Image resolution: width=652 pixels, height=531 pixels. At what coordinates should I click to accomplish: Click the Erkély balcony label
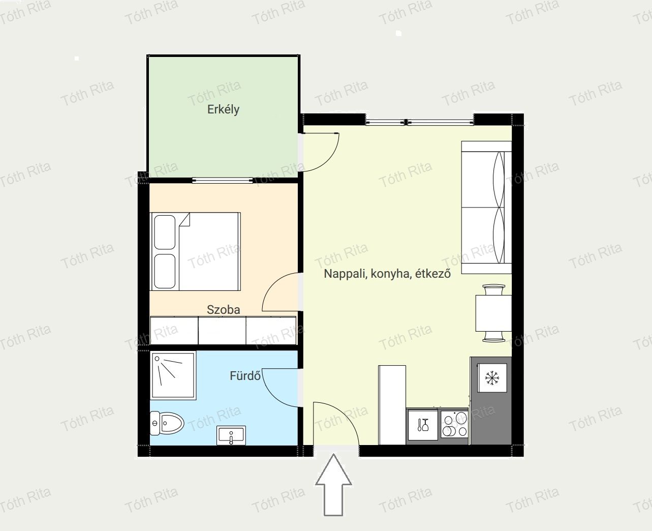[x=223, y=110]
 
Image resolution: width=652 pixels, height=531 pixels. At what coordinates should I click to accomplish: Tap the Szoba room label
[x=223, y=309]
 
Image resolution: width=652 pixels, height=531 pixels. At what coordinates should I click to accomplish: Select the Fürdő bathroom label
[x=245, y=376]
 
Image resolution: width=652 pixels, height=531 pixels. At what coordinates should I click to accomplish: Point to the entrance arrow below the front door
[x=333, y=485]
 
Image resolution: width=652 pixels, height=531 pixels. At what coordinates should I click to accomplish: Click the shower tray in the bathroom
[x=173, y=375]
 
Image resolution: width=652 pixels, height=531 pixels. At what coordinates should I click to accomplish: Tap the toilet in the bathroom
[x=167, y=423]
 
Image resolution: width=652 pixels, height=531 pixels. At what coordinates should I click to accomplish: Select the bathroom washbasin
[x=231, y=435]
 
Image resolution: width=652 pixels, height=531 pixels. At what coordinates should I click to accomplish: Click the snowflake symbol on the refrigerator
[x=492, y=378]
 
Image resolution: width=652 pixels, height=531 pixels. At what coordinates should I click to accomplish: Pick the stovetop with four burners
[x=454, y=424]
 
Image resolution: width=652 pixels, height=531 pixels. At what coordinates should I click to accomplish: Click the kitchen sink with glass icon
[x=423, y=425]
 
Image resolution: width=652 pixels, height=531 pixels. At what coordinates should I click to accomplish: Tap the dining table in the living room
[x=493, y=313]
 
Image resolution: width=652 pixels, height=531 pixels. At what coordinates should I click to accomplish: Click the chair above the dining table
[x=494, y=289]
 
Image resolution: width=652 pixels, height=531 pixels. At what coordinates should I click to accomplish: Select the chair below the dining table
[x=494, y=336]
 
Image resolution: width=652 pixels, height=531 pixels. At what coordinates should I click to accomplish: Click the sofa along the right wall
[x=486, y=208]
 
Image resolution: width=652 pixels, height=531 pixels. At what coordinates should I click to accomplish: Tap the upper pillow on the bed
[x=165, y=232]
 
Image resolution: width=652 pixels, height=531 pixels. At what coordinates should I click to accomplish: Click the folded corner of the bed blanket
[x=185, y=219]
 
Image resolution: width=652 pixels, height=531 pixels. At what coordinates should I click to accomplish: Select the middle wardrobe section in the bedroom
[x=222, y=331]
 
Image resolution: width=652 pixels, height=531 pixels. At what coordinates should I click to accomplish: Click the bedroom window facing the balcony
[x=223, y=181]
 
